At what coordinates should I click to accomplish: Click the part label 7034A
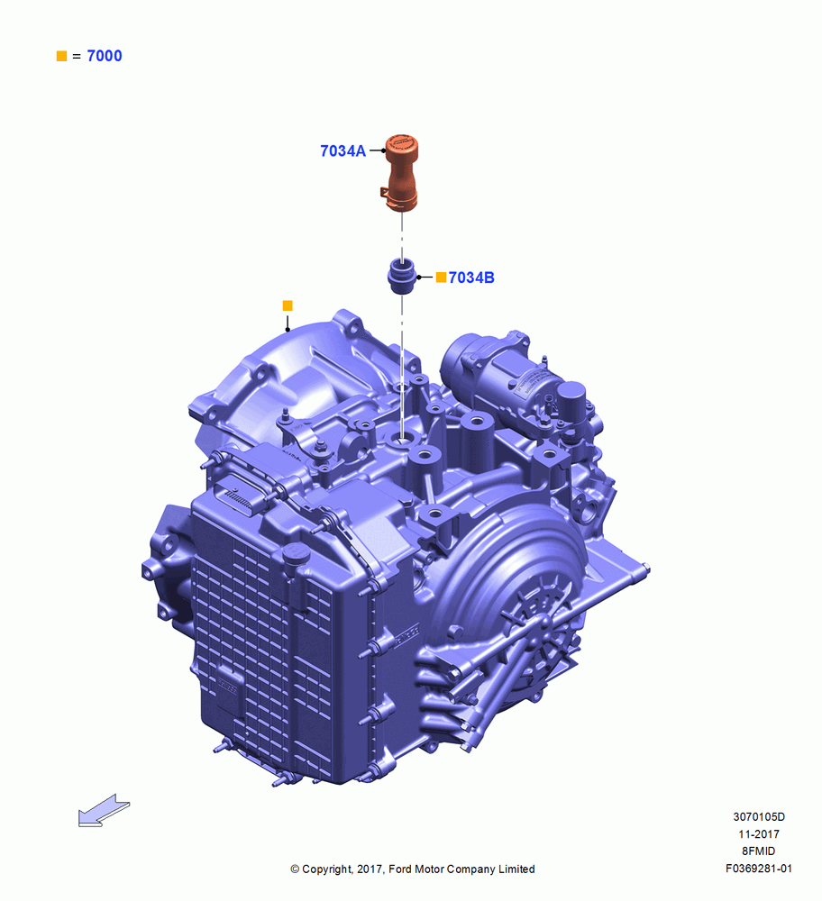point(342,151)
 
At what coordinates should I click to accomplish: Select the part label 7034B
point(471,278)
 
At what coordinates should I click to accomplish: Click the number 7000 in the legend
point(104,56)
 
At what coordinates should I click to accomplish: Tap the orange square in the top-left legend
point(61,56)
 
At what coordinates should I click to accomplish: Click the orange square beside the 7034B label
point(441,278)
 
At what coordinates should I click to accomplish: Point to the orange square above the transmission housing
point(288,305)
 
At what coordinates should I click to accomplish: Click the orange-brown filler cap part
point(400,172)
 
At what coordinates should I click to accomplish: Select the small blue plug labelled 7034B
point(401,276)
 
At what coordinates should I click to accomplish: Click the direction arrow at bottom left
point(104,810)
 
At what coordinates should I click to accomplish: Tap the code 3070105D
point(759,816)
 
